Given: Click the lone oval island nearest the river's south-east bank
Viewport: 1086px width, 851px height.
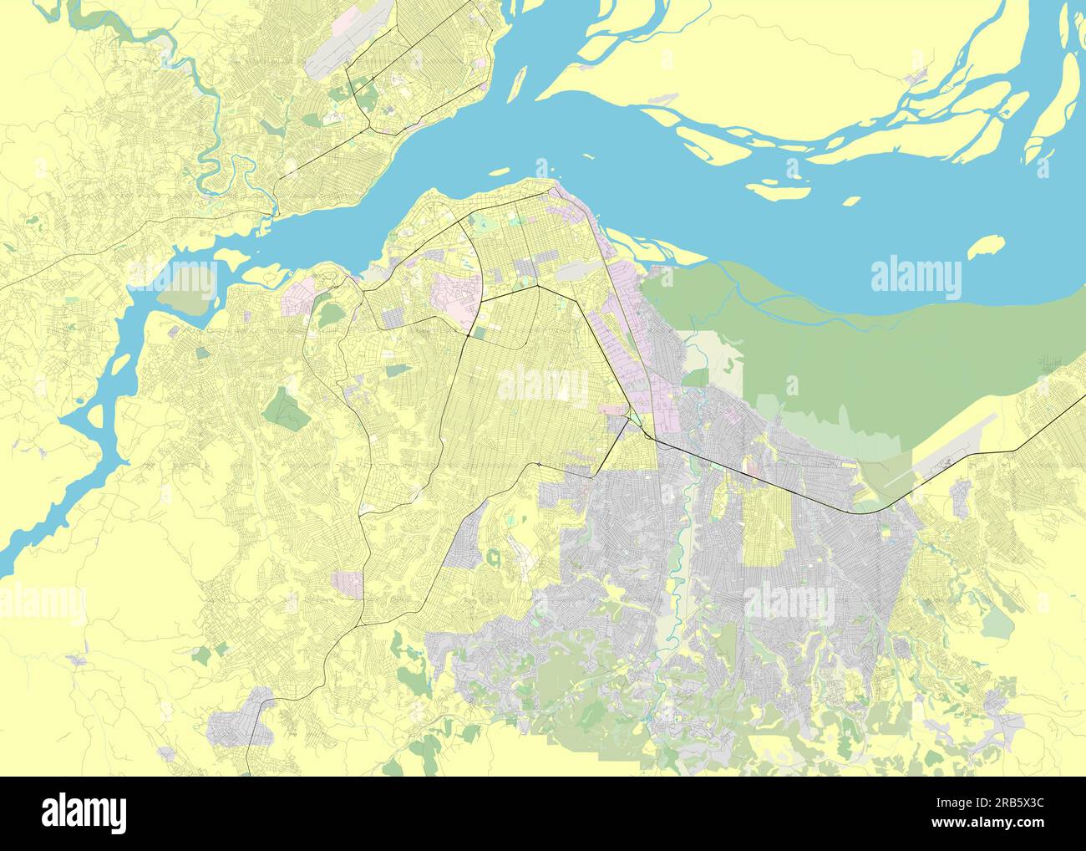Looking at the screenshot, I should [x=985, y=247].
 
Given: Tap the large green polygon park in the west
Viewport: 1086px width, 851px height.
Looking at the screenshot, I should [x=287, y=410].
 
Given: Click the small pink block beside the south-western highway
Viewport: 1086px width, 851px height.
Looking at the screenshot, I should [x=348, y=584].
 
